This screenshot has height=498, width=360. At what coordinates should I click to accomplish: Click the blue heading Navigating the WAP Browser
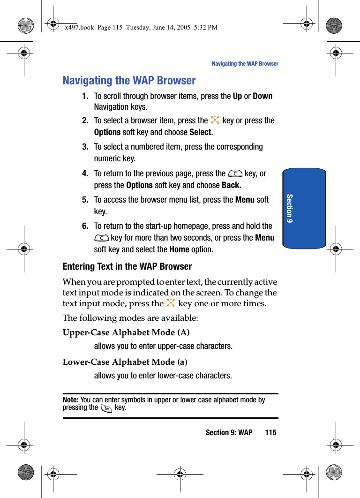click(x=129, y=81)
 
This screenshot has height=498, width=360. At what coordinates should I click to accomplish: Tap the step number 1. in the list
click(x=85, y=96)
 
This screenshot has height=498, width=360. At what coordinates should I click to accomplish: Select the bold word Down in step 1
click(x=262, y=96)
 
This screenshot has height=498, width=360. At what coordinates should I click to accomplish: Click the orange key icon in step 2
click(x=215, y=120)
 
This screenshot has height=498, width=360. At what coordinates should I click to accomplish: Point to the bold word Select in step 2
click(x=200, y=132)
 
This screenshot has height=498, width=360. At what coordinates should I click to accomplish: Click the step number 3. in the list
click(x=85, y=147)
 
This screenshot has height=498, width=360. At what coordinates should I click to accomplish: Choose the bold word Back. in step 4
click(x=231, y=185)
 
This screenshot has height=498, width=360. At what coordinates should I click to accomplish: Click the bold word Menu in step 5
click(x=245, y=200)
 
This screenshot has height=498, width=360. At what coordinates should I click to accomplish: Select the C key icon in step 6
click(x=101, y=238)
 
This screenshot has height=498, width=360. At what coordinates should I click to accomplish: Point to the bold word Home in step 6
click(x=179, y=249)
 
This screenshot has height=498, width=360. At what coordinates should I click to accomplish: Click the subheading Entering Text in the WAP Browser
click(x=127, y=266)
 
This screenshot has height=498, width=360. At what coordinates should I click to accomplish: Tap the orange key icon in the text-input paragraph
click(x=171, y=303)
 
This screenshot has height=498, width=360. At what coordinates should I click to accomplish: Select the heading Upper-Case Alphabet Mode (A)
click(x=126, y=332)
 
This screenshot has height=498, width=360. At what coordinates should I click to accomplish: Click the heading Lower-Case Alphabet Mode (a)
click(x=125, y=362)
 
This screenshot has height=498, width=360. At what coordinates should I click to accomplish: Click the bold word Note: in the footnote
click(x=70, y=400)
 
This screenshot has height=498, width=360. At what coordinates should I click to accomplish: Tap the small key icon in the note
click(x=106, y=408)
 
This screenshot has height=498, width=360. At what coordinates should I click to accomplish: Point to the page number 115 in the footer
click(x=270, y=432)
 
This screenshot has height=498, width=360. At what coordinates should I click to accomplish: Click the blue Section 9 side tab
click(x=304, y=208)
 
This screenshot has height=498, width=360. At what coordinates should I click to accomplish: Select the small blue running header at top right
click(x=245, y=64)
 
